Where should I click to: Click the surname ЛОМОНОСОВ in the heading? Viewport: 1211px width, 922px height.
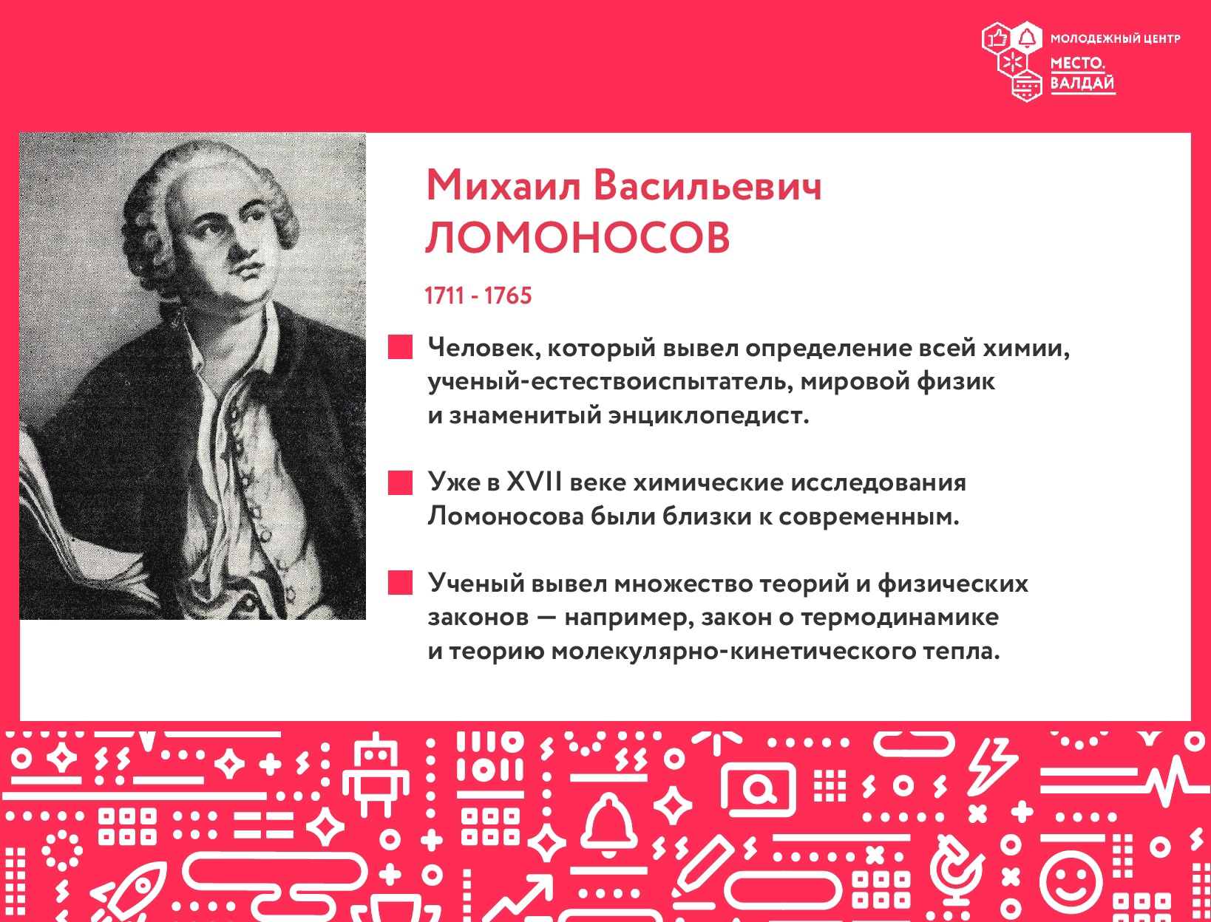[577, 238]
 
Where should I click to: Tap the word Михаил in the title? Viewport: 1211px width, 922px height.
[503, 185]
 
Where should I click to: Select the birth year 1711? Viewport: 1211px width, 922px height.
[444, 296]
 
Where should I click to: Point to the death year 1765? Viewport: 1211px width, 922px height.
[508, 296]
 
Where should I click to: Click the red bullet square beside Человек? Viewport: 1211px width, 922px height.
[400, 347]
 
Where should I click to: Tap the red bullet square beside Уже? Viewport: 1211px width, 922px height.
[400, 482]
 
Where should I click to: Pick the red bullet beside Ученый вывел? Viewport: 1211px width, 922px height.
[400, 582]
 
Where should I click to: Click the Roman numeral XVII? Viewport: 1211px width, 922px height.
[535, 482]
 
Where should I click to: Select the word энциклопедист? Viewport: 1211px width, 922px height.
[708, 415]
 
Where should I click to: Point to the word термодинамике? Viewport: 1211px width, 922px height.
[900, 617]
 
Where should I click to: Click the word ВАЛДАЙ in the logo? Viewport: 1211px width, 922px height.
[1082, 83]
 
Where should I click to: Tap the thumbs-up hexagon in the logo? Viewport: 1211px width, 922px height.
[997, 38]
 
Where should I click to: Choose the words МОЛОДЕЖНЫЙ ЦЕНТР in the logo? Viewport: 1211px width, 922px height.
[1115, 38]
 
